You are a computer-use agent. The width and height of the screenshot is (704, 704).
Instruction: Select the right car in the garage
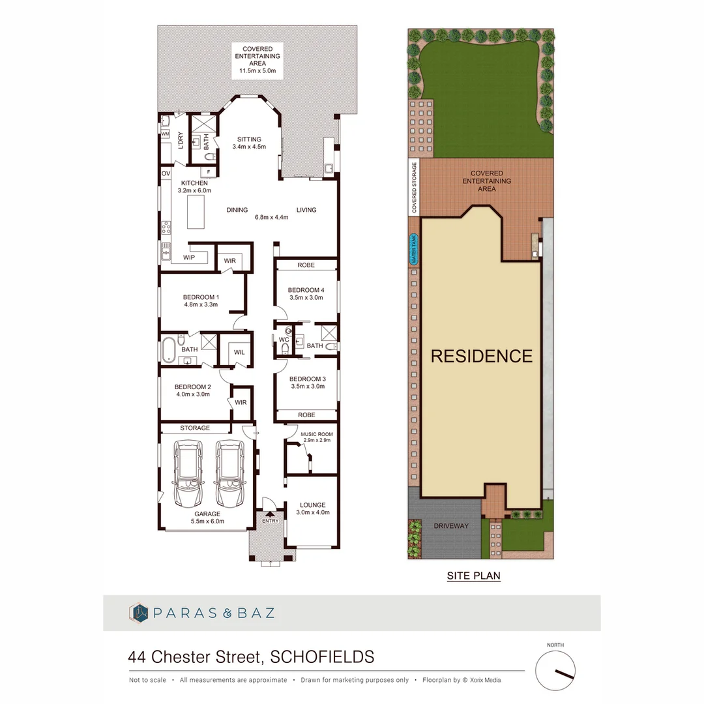click(229, 475)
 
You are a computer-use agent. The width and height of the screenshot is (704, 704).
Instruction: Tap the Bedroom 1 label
click(201, 297)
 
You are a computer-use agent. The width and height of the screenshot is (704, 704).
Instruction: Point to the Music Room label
click(317, 434)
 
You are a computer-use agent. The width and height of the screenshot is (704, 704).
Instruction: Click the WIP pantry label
click(189, 257)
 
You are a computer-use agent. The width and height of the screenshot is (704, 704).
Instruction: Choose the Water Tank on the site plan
click(413, 250)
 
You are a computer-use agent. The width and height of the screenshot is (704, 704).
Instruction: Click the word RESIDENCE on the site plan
click(482, 356)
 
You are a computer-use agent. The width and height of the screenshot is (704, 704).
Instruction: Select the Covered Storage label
click(413, 188)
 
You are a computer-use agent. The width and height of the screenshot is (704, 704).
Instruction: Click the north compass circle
click(555, 671)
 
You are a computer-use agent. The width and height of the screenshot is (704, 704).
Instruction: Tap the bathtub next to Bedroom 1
click(168, 349)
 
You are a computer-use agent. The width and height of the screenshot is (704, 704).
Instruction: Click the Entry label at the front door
click(270, 521)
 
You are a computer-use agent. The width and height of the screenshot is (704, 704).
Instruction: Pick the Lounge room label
click(313, 505)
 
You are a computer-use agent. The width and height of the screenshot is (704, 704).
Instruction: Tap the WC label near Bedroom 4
click(284, 340)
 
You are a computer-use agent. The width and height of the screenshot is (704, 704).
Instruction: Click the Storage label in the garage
click(195, 428)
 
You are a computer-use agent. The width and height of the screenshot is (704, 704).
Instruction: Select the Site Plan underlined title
click(473, 576)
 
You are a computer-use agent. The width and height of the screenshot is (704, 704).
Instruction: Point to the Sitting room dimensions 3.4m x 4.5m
click(249, 147)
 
